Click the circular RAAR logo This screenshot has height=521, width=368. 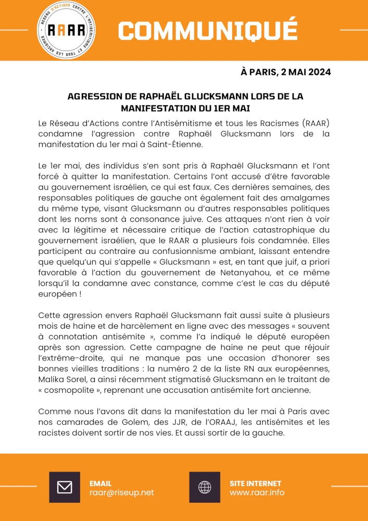click(x=66, y=30)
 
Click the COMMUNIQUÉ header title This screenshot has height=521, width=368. click(x=207, y=30)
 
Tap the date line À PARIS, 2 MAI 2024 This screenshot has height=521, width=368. click(x=285, y=72)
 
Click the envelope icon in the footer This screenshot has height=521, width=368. click(x=65, y=487)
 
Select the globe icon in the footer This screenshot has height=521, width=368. click(x=205, y=487)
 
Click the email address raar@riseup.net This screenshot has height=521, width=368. click(x=122, y=492)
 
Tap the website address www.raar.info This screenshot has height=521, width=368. click(x=257, y=492)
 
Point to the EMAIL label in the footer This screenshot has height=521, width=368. click(x=100, y=483)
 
